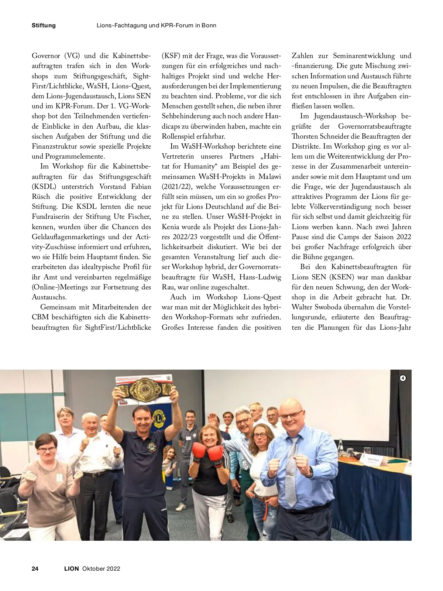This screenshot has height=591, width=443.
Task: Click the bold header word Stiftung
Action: point(44,26)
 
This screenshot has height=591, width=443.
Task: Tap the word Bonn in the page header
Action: point(208,26)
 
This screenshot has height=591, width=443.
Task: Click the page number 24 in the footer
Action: point(35,568)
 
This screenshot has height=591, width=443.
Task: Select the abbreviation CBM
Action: point(40,317)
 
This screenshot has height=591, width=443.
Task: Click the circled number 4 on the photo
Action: point(403,378)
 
